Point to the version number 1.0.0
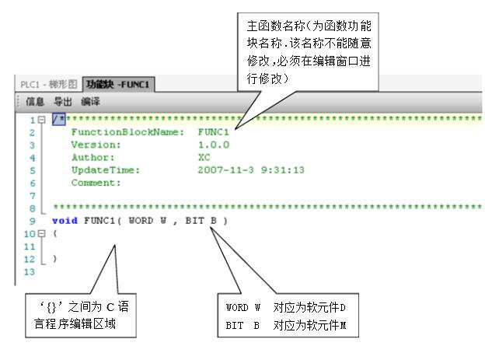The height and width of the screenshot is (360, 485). click(x=215, y=145)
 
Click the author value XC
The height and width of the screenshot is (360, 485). click(x=204, y=157)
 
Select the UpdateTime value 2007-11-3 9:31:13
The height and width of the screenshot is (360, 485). click(x=249, y=170)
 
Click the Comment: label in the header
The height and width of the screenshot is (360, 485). click(x=96, y=183)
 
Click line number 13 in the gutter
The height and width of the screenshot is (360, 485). click(x=30, y=272)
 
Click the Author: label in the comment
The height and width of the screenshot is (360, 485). click(x=93, y=157)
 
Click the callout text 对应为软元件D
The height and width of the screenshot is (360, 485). click(x=315, y=308)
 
